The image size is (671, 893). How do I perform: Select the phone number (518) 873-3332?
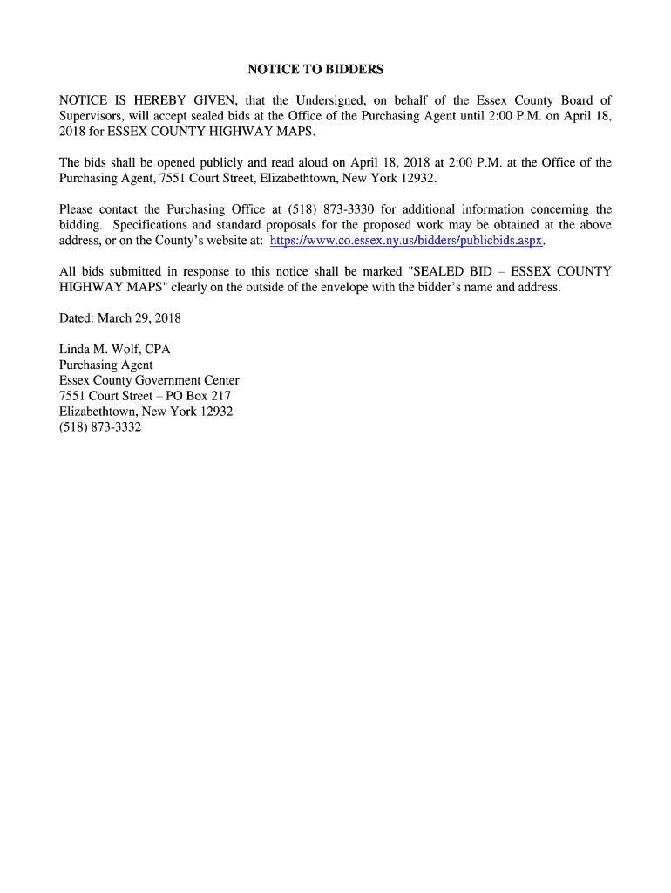(100, 427)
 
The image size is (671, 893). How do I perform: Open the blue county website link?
(407, 240)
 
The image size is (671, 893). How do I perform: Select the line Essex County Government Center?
(149, 380)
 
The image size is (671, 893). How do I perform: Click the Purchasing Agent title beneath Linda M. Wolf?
(105, 365)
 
